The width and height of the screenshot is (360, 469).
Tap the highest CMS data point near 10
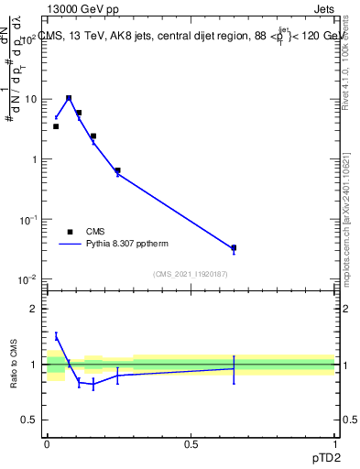point(69,98)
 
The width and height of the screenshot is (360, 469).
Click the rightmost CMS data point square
point(234,247)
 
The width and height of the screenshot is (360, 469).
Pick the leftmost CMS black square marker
point(56,126)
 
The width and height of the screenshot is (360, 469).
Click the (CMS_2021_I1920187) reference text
point(191,274)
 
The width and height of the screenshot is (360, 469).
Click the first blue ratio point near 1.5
point(56,336)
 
